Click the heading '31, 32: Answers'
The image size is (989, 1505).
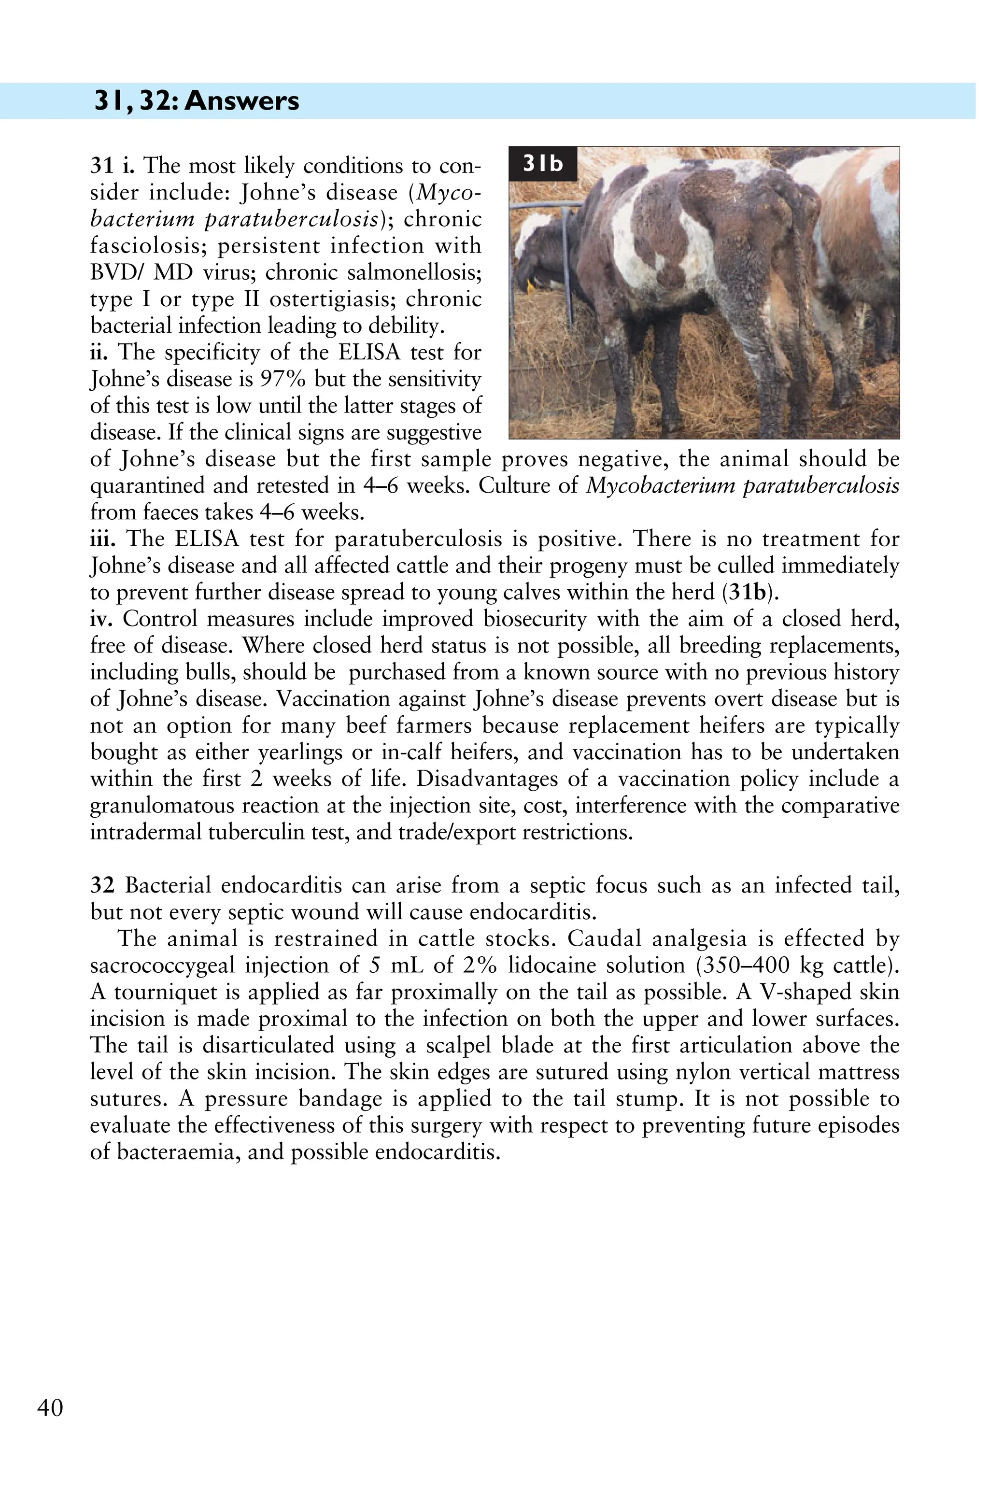[x=197, y=101]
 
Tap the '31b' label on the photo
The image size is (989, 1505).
[x=543, y=164]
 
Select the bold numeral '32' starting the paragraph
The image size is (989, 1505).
[x=102, y=885]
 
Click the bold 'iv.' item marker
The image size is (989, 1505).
[x=102, y=619]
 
